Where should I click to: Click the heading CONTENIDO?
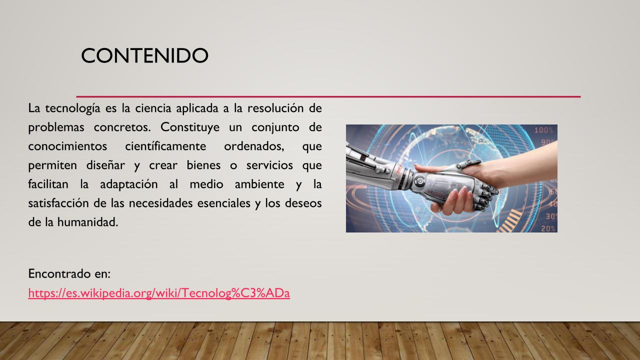tap(144, 55)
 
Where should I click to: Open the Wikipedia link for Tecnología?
tap(159, 293)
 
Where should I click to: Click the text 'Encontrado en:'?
tap(69, 273)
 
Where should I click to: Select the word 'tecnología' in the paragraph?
tap(72, 108)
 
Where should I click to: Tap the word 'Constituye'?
tap(189, 127)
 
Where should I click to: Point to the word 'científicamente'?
tap(165, 146)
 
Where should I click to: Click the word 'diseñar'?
tap(105, 165)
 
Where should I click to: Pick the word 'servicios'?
tap(269, 165)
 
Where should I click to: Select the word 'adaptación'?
tap(128, 184)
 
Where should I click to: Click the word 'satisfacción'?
tap(58, 203)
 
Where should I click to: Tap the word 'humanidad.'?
tap(87, 222)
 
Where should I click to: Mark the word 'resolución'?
tap(275, 108)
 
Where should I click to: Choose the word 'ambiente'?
tap(259, 184)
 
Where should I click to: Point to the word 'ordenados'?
tap(254, 146)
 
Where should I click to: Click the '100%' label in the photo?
tap(543, 130)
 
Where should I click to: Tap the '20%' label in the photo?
tap(548, 228)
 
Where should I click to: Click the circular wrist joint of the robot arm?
tap(419, 181)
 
